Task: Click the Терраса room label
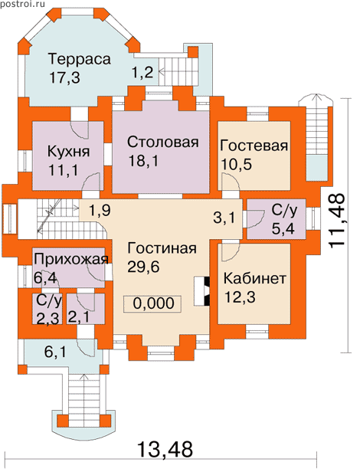click(x=80, y=59)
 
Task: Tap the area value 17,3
click(x=64, y=77)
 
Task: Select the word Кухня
click(x=68, y=151)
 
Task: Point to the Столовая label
click(x=163, y=142)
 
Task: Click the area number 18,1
click(x=143, y=161)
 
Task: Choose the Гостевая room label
click(x=254, y=146)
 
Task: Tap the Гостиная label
click(x=162, y=248)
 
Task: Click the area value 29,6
click(x=143, y=267)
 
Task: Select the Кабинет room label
click(x=254, y=279)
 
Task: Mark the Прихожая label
click(x=71, y=258)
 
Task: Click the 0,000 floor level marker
click(x=153, y=303)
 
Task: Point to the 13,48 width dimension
click(x=165, y=449)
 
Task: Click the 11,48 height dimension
click(x=336, y=221)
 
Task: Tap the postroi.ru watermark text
click(x=22, y=4)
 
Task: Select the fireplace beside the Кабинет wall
click(x=201, y=291)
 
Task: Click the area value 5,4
click(x=283, y=229)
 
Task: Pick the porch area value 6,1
click(x=56, y=352)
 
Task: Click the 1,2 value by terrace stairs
click(x=142, y=73)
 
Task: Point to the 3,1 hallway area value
click(x=225, y=218)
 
